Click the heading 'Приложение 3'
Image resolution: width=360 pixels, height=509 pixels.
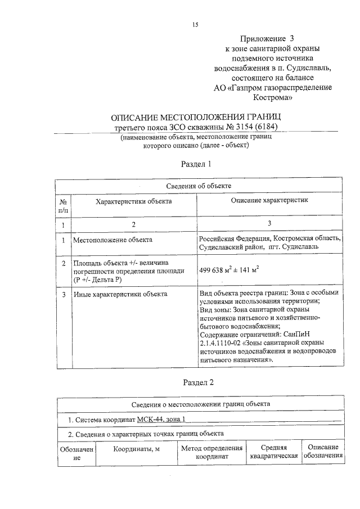267,39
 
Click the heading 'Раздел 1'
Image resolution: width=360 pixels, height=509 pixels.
196,165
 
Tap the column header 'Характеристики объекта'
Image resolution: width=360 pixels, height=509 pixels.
133,201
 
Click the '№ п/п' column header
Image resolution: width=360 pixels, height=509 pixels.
64,206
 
